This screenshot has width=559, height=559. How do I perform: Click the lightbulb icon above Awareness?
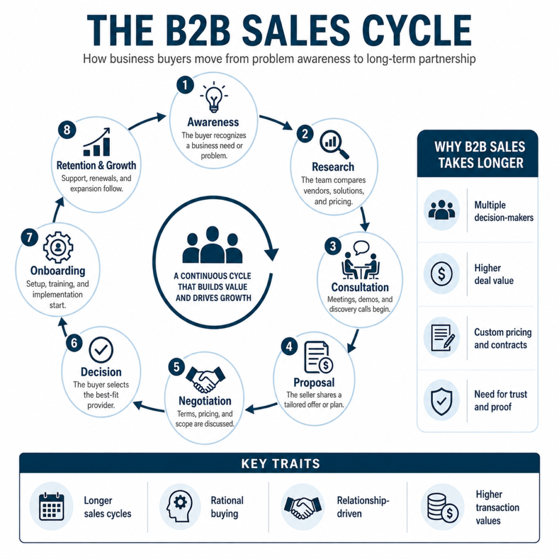click(x=213, y=97)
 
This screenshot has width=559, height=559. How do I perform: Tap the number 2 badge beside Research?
click(x=305, y=134)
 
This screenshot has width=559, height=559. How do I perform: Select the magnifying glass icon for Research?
click(x=334, y=144)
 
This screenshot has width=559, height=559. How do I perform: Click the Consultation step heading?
click(x=360, y=287)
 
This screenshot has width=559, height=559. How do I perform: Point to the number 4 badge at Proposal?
click(x=289, y=347)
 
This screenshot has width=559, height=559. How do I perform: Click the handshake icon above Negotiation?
click(x=205, y=379)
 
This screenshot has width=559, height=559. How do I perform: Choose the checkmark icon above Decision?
click(x=101, y=350)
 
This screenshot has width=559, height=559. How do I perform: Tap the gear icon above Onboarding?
click(x=58, y=247)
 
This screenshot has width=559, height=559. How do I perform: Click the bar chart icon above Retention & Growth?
click(x=97, y=142)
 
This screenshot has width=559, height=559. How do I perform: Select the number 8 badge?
click(x=67, y=129)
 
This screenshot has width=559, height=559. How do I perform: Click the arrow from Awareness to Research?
click(x=276, y=122)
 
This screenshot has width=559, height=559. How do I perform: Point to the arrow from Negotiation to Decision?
click(x=148, y=407)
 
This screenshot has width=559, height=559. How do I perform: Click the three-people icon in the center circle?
click(x=212, y=245)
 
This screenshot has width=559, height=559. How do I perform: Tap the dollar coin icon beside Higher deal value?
click(x=442, y=274)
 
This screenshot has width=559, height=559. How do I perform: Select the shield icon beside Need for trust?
click(x=441, y=401)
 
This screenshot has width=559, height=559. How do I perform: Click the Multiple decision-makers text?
click(x=504, y=211)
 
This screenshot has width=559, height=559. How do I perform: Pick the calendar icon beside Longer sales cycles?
click(x=51, y=506)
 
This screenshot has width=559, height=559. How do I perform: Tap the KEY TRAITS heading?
click(x=281, y=463)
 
